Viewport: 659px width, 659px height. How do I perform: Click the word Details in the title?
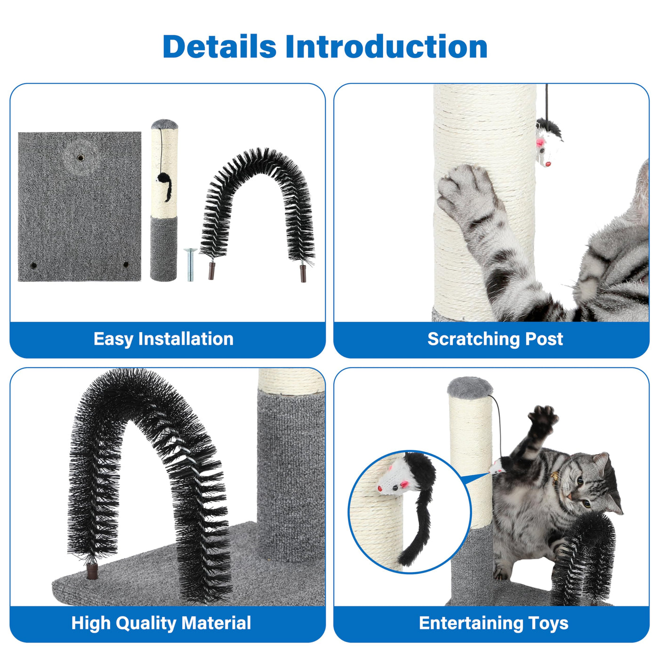coord(219,46)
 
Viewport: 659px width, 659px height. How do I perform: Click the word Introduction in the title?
coord(386,46)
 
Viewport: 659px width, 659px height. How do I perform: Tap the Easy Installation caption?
coord(163,339)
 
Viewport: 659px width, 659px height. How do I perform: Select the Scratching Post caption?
coord(495,339)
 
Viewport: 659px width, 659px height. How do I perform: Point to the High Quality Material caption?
coord(161,622)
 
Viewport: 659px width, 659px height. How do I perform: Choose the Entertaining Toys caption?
coord(493,622)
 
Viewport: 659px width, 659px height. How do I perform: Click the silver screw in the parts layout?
coord(191,265)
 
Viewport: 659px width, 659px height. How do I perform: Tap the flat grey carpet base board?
coord(80,207)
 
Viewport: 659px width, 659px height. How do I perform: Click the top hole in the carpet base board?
coord(80,158)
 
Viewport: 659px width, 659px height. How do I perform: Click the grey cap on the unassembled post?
coord(164,124)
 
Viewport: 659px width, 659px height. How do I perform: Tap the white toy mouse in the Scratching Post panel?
coord(547,143)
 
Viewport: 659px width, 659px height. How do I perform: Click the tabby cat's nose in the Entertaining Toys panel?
coord(570,496)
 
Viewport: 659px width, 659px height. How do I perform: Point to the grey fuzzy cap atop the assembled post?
coord(470,387)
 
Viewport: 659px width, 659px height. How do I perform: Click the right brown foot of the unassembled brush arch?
coord(303,273)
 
